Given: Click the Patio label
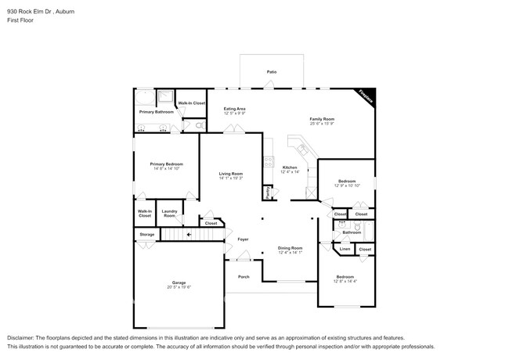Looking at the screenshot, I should pyautogui.click(x=271, y=72).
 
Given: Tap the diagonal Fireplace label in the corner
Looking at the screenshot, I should pyautogui.click(x=364, y=96).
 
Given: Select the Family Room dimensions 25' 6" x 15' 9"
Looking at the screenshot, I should pyautogui.click(x=321, y=124).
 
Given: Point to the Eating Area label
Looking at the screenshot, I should pyautogui.click(x=235, y=109).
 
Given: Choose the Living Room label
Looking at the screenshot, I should pyautogui.click(x=230, y=174).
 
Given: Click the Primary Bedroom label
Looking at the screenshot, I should pyautogui.click(x=166, y=164).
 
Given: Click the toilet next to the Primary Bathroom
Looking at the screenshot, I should pyautogui.click(x=199, y=124).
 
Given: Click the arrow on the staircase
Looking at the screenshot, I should pyautogui.click(x=189, y=234).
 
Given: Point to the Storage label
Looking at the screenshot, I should pyautogui.click(x=147, y=234).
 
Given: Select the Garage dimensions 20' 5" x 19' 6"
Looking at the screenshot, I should pyautogui.click(x=179, y=287).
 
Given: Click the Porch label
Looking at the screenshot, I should pyautogui.click(x=244, y=276).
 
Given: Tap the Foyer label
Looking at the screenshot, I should pyautogui.click(x=243, y=239).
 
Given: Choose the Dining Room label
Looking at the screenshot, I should pyautogui.click(x=290, y=247).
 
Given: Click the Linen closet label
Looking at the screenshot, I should pyautogui.click(x=345, y=249).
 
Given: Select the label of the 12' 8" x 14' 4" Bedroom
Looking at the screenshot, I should pyautogui.click(x=345, y=276).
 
